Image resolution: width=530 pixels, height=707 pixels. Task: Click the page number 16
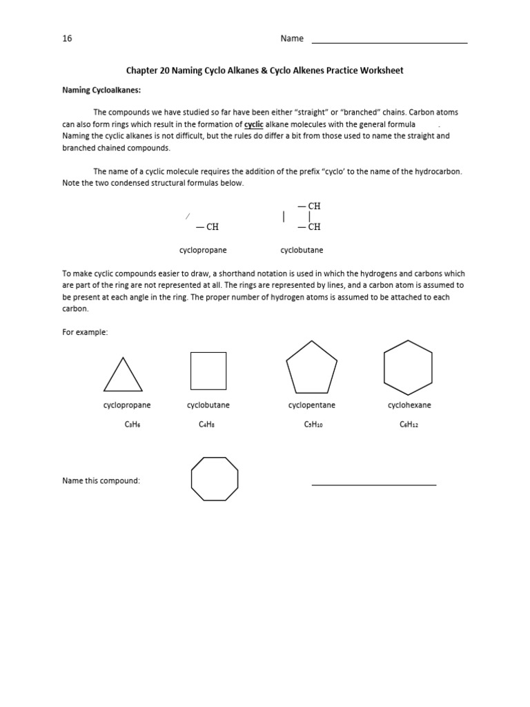click(x=67, y=39)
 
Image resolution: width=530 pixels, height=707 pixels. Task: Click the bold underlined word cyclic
click(x=254, y=124)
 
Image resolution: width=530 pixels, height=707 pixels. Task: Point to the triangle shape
click(x=123, y=376)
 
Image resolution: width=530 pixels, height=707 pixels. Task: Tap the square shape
click(x=208, y=371)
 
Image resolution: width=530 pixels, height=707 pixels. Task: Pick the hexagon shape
click(x=408, y=367)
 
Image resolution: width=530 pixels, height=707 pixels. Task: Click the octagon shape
click(x=215, y=478)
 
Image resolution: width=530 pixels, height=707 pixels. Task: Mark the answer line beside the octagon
click(x=373, y=484)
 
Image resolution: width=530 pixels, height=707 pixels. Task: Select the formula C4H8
click(x=207, y=425)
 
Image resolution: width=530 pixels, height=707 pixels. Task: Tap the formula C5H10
click(x=313, y=425)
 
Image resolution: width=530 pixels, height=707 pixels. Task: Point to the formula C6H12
click(x=409, y=425)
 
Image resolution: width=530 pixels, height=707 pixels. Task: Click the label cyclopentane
click(x=312, y=405)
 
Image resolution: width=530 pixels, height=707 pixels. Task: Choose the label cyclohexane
click(x=409, y=405)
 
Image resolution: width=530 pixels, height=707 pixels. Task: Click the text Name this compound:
click(x=101, y=481)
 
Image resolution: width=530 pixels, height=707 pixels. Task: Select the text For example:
click(x=85, y=332)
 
